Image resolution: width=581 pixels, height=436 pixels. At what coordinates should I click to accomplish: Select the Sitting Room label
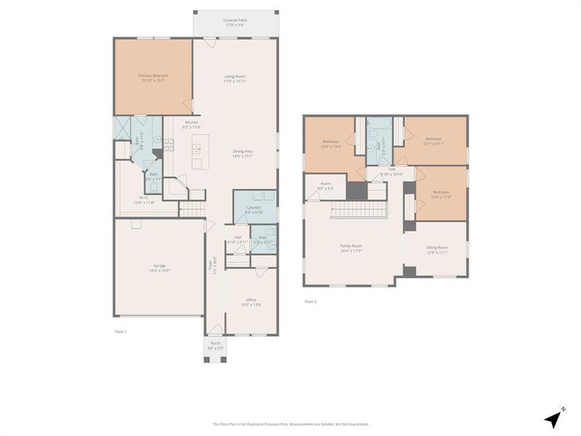[x=436, y=249]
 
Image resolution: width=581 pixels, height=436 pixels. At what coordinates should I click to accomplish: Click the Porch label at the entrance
[x=215, y=345]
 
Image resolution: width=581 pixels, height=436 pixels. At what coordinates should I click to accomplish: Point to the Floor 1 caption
[x=121, y=331]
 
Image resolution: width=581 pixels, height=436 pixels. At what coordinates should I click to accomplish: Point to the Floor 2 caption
[x=310, y=301]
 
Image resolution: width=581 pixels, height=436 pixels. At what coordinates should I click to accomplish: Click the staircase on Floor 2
[x=360, y=211]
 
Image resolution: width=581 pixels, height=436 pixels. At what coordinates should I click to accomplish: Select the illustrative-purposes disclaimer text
[x=290, y=424]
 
